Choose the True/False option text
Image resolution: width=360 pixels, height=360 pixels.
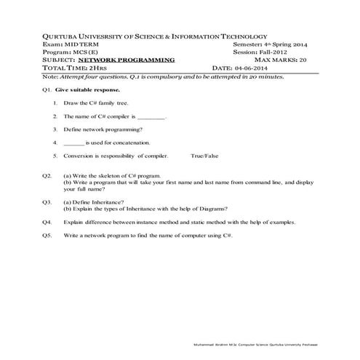coord(204,156)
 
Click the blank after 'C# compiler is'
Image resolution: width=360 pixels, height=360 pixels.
coord(152,116)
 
